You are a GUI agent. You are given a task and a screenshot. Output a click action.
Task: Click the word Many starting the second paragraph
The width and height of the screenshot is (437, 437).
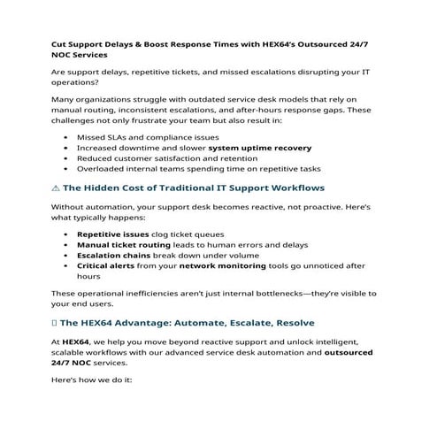click(x=65, y=103)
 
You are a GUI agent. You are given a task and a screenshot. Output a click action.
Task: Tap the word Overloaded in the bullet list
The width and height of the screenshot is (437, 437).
click(x=104, y=168)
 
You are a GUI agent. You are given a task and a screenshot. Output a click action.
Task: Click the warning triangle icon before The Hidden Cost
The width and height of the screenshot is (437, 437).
click(x=56, y=188)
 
